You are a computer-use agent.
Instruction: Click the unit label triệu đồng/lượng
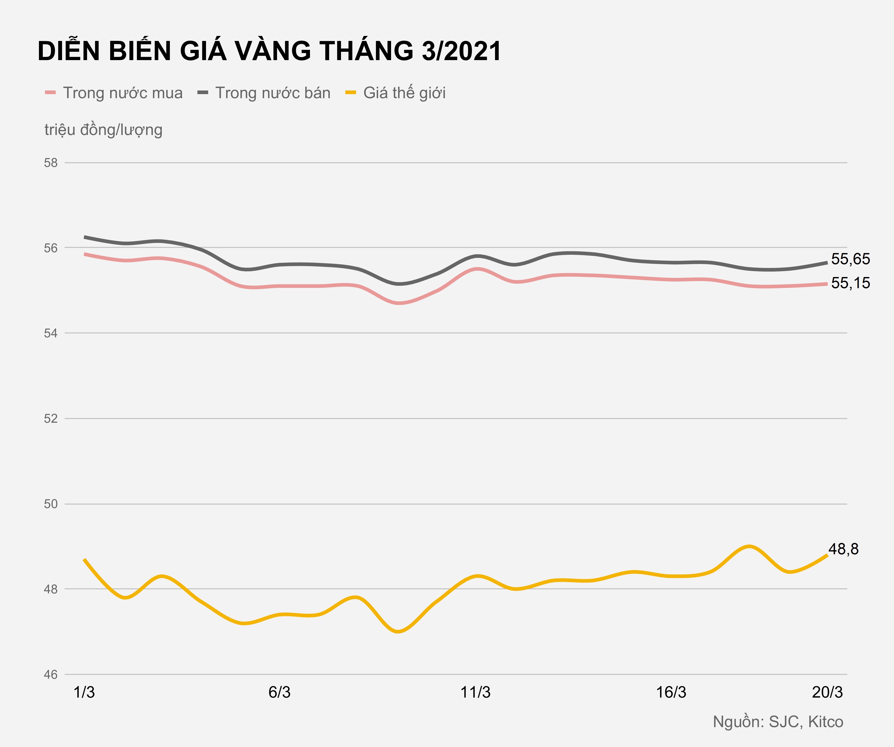click(x=104, y=130)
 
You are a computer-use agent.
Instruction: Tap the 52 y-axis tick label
click(x=51, y=418)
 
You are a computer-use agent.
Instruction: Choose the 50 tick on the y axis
click(x=51, y=504)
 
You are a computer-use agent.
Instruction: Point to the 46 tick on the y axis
click(x=51, y=675)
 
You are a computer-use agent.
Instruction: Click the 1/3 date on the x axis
click(x=84, y=692)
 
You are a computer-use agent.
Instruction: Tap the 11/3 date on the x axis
click(x=476, y=692)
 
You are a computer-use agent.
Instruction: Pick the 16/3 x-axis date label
click(x=671, y=692)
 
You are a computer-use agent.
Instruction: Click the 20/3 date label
click(x=827, y=692)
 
